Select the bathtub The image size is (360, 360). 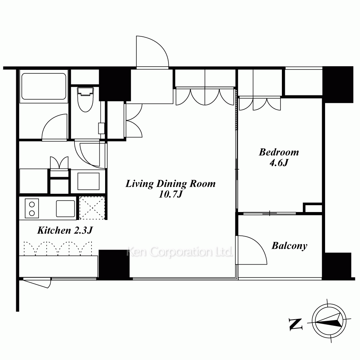[44, 86]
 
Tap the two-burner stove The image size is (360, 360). [32, 208]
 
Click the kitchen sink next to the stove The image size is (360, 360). [66, 208]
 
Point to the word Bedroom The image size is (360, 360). [279, 152]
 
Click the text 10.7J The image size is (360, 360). [170, 194]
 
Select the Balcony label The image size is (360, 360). [289, 246]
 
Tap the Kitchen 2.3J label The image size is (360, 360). [65, 230]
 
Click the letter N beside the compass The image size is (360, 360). [296, 324]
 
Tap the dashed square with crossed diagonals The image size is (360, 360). [92, 208]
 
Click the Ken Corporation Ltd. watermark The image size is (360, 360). [180, 252]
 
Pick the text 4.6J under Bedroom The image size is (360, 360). [279, 163]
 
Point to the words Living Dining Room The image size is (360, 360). [171, 184]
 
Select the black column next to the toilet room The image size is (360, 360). [115, 85]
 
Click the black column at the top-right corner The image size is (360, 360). [338, 85]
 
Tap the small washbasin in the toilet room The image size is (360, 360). [101, 129]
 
